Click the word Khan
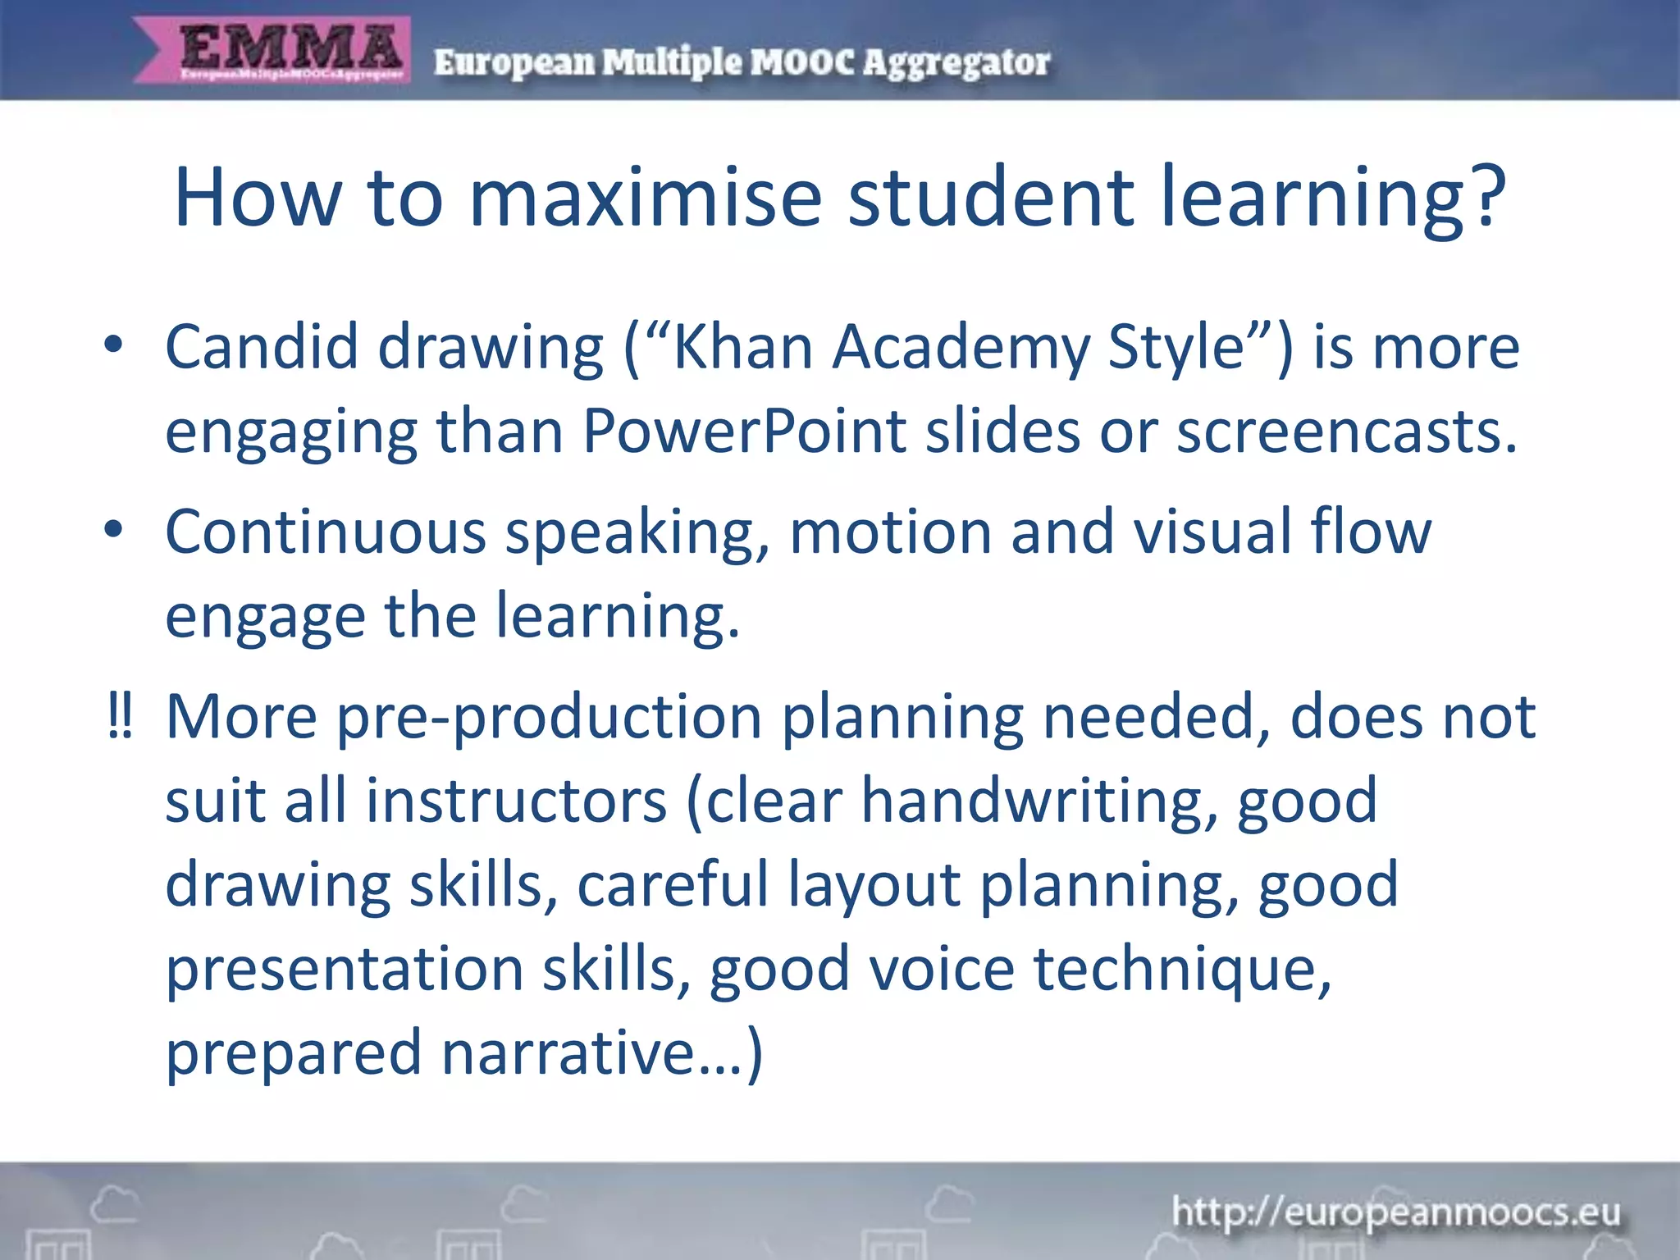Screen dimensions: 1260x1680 coord(743,347)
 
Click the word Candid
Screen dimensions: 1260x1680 coord(262,347)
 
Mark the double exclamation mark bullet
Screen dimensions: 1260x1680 coord(120,715)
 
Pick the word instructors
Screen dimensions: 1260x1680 coord(516,801)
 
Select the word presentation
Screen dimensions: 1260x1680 coord(345,970)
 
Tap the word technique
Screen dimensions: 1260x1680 coord(1182,970)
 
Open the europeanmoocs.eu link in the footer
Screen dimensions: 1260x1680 coord(1395,1212)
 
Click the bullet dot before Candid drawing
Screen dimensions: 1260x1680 coord(114,345)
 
